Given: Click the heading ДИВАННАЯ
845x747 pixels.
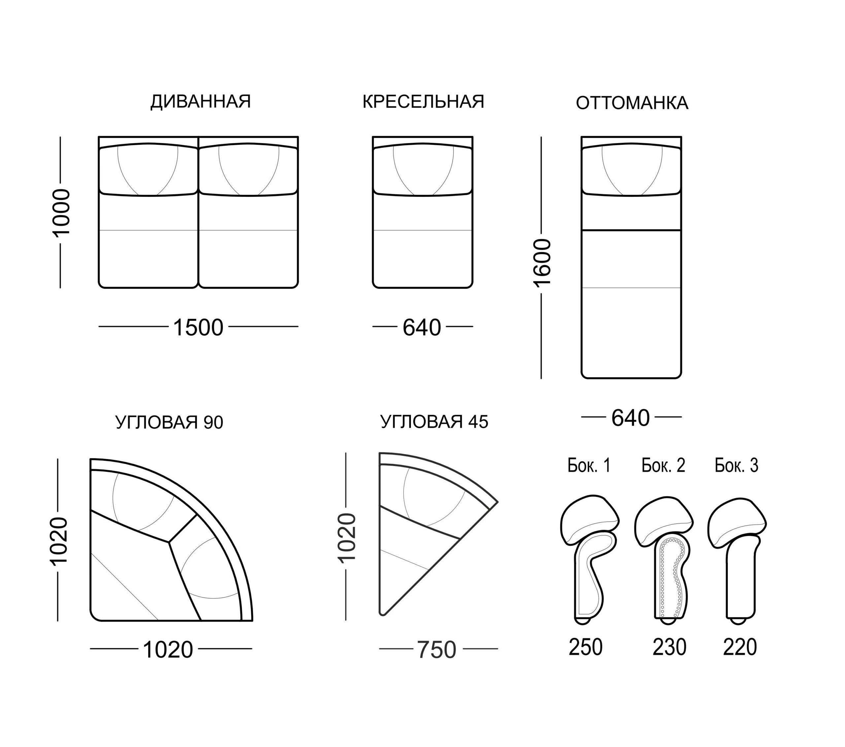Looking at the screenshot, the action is coord(200,102).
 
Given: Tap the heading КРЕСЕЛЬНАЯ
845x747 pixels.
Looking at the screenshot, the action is coord(423,102).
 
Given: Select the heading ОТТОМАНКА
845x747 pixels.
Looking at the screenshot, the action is coord(632,103).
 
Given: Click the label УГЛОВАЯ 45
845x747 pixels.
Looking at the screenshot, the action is coord(434,421).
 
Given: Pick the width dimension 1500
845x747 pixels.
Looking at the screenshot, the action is coord(198,327).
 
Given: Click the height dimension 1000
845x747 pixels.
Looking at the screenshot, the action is coord(61,212).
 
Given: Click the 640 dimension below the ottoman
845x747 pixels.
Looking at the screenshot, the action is coord(630,418).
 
